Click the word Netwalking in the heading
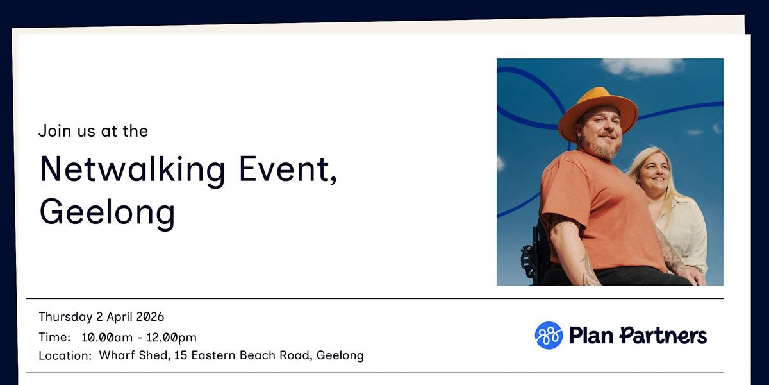pos(133,170)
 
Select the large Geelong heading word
pos(107,213)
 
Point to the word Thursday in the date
pos(65,317)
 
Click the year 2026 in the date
pos(150,316)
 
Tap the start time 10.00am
pos(107,338)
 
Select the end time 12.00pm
pos(171,338)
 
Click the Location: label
pos(65,355)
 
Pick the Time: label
pos(54,338)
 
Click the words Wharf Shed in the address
pos(135,355)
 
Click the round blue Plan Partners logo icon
pos(549,336)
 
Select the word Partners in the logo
pos(663,336)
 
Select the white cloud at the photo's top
pos(642,66)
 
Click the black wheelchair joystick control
pos(527,259)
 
